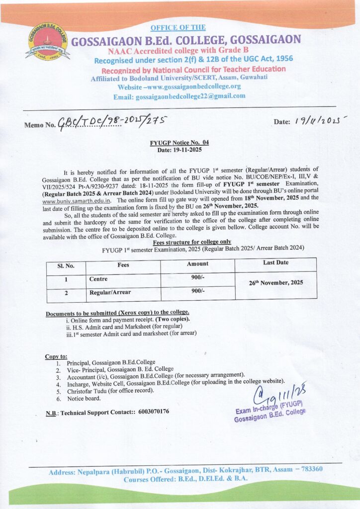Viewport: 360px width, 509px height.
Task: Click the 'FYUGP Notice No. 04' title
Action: click(180, 143)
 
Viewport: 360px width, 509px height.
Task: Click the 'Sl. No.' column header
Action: click(66, 265)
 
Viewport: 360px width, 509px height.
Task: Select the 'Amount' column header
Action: click(197, 264)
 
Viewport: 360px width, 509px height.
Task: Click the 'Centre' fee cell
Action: click(98, 279)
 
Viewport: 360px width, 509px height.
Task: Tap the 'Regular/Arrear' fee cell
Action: click(110, 293)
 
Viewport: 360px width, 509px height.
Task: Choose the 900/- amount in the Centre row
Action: click(198, 278)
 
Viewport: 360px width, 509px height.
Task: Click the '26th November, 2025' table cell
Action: click(276, 282)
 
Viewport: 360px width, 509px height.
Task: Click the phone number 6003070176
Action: click(152, 412)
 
